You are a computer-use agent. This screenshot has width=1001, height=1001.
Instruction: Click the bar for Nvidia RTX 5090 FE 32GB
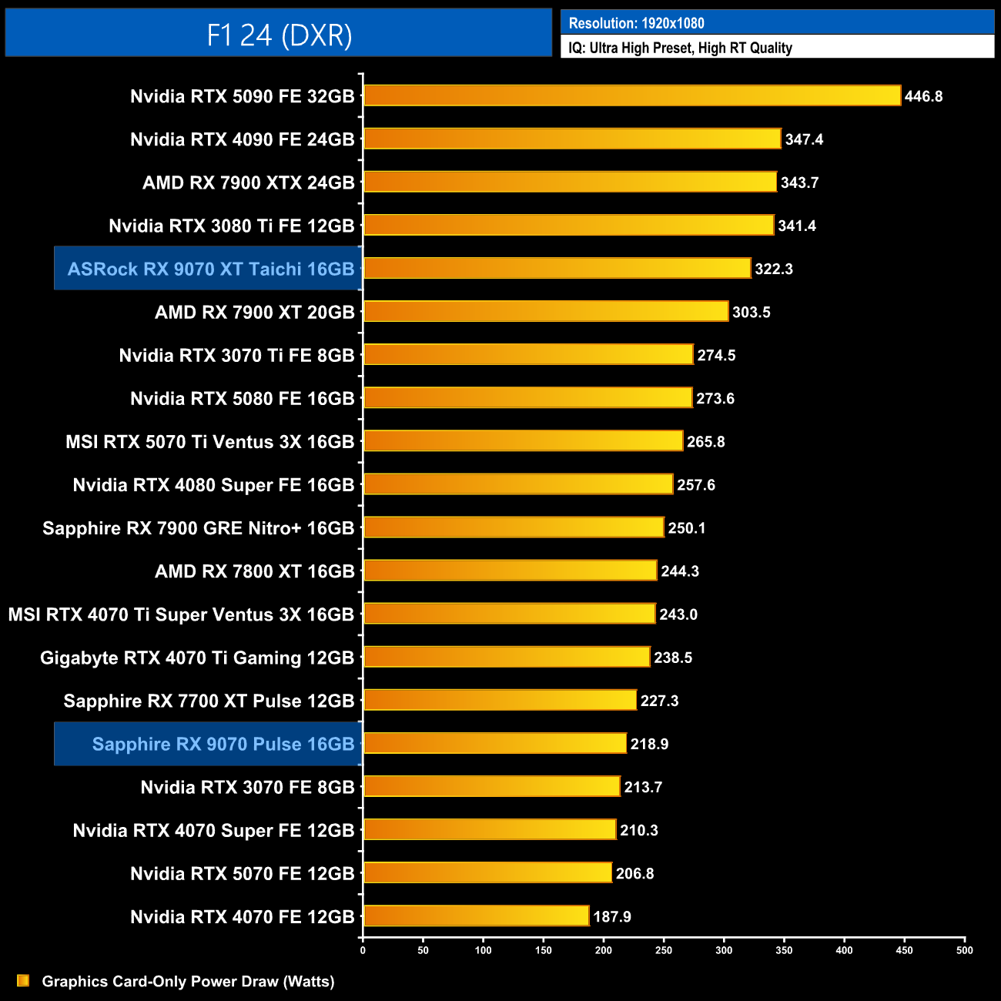point(631,95)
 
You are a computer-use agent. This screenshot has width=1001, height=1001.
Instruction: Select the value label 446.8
point(923,96)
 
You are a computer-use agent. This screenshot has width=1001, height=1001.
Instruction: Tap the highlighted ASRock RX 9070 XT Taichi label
point(210,269)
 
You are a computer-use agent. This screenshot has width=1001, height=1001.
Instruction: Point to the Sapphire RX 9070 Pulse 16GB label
point(223,744)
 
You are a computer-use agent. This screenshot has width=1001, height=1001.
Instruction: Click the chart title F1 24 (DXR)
point(279,35)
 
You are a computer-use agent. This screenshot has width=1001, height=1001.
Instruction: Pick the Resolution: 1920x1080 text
point(636,23)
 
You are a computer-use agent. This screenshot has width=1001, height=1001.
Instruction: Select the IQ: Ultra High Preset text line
point(680,48)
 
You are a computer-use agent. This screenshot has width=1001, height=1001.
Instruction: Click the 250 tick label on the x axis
point(663,950)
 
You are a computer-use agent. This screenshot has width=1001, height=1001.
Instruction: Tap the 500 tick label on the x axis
point(964,950)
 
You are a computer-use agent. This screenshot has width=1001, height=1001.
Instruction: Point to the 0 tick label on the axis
point(363,950)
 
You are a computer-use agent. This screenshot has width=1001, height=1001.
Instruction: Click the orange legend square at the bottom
point(23,980)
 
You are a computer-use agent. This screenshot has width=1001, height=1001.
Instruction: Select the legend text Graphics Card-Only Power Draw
point(188,981)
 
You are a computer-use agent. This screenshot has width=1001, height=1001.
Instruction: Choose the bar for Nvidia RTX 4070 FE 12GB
point(476,916)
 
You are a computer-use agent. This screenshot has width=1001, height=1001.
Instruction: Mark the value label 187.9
point(612,916)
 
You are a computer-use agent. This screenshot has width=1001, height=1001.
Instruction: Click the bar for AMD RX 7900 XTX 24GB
point(570,182)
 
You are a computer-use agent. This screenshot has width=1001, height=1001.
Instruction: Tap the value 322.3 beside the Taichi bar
point(774,269)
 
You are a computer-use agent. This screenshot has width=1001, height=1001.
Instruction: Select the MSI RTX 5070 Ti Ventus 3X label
point(209,442)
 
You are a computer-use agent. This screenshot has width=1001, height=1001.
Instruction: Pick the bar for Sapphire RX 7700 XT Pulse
point(500,700)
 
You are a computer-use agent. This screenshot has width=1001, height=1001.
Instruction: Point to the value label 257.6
point(696,485)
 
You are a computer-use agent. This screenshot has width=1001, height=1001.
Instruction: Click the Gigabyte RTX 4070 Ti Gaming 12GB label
point(197,658)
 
